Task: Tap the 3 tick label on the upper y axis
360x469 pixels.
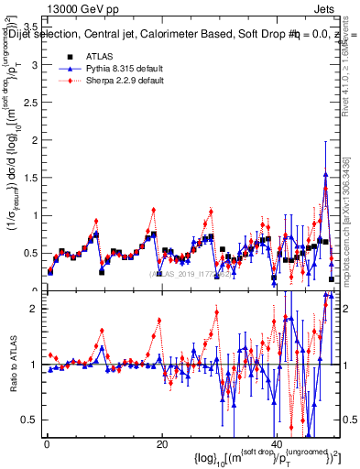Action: [35, 103]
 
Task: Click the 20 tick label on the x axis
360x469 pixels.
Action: [161, 444]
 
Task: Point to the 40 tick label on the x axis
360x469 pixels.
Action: [276, 444]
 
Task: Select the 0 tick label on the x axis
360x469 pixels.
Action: [47, 444]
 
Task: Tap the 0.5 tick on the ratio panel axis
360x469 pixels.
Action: [31, 420]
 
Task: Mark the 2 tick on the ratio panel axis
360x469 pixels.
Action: [35, 309]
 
